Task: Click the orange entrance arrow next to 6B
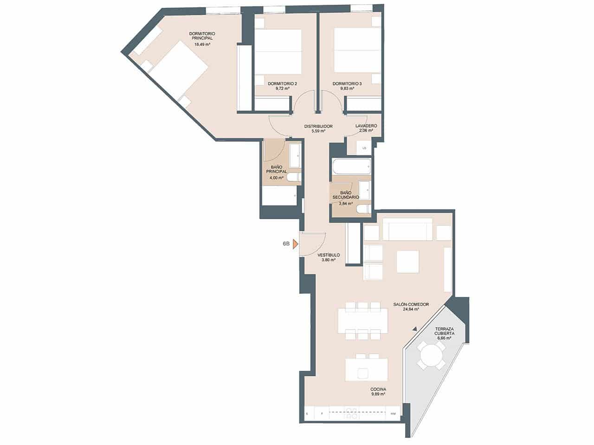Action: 295,244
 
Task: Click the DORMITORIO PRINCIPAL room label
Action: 202,36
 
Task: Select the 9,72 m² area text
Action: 282,89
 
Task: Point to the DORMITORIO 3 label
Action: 347,84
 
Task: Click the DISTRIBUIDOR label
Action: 318,126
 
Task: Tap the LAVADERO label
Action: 366,126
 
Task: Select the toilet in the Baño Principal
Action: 294,177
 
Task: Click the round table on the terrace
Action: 432,356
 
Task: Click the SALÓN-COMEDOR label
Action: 411,305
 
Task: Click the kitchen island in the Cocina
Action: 366,369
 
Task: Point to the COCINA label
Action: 378,389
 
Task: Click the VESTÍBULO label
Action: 329,255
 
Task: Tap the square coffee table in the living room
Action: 408,261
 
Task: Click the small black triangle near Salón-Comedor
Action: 414,329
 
